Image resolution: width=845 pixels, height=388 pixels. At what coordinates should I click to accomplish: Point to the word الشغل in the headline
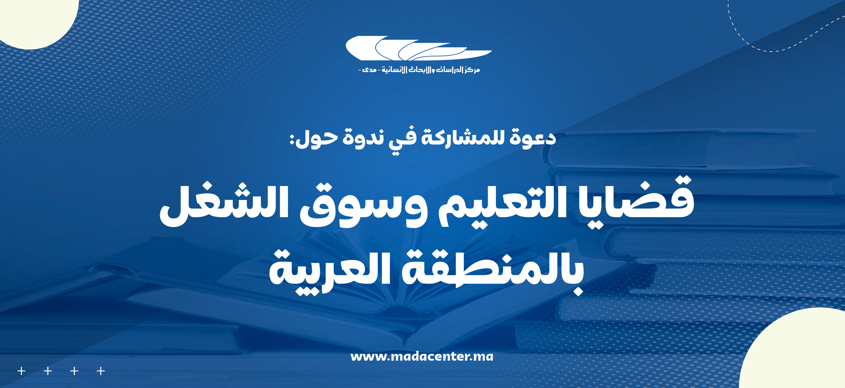[224, 205]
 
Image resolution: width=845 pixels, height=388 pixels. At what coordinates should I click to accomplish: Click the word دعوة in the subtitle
[533, 137]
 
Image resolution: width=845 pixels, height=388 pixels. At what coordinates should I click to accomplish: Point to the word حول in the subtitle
[317, 138]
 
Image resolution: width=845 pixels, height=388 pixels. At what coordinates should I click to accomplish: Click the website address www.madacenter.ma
[422, 356]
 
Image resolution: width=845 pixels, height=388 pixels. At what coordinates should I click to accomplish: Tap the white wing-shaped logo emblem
[418, 48]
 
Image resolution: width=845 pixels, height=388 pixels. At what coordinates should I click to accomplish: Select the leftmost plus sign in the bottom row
[21, 371]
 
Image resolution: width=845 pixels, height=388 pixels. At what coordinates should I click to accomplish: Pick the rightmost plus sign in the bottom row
[101, 371]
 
